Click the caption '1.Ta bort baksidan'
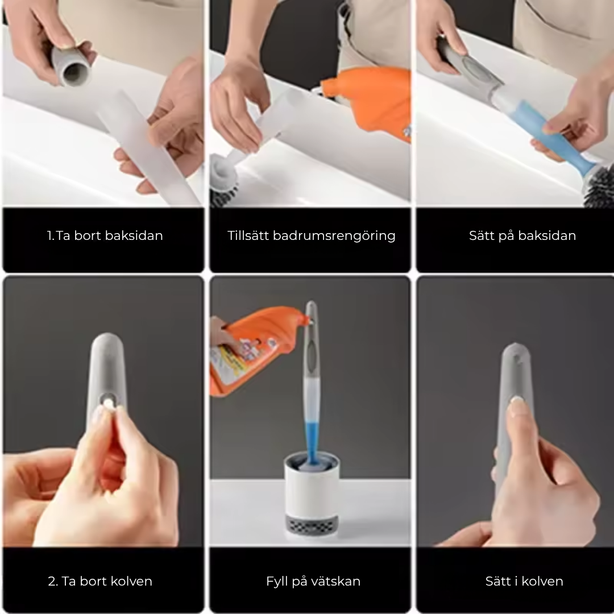point(105,235)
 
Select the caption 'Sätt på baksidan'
point(522,235)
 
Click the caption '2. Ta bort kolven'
point(100,581)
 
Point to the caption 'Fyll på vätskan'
point(313,581)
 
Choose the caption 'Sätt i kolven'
point(524,581)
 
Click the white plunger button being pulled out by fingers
point(106,402)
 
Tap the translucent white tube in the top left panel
point(142,148)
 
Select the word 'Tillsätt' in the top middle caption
point(248,235)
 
